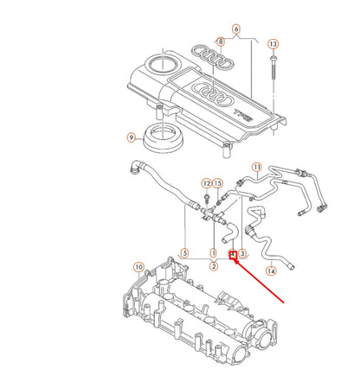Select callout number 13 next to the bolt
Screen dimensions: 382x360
274,43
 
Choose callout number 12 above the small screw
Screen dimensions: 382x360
206,183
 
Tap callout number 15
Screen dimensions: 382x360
218,183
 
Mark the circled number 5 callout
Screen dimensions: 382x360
183,254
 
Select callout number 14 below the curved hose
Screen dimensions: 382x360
271,271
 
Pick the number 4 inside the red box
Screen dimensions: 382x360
232,254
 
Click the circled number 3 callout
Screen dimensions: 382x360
243,254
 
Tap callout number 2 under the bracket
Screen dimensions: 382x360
213,266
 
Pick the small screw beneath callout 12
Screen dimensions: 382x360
209,199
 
